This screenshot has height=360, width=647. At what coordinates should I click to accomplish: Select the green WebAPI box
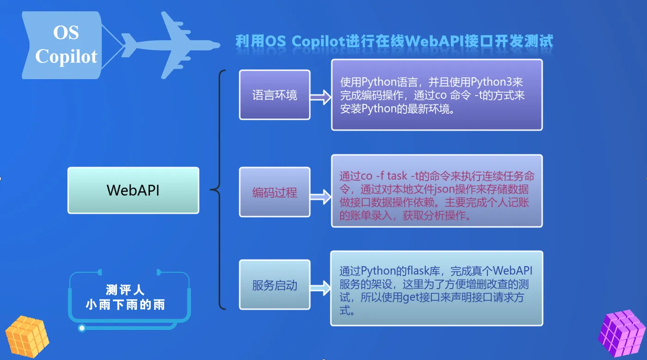pos(133,190)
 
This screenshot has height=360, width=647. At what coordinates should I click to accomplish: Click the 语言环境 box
pos(275,95)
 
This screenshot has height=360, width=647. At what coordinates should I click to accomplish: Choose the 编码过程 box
pos(275,192)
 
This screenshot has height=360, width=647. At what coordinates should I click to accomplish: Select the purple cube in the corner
pos(622,333)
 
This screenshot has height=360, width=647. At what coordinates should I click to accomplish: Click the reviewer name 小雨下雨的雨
pos(125,305)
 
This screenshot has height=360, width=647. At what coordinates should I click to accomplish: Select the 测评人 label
pos(125,290)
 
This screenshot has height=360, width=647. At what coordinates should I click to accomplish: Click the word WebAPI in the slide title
pos(436,41)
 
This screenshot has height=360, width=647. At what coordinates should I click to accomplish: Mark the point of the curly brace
pos(212,189)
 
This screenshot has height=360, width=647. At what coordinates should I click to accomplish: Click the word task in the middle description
pos(397,176)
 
